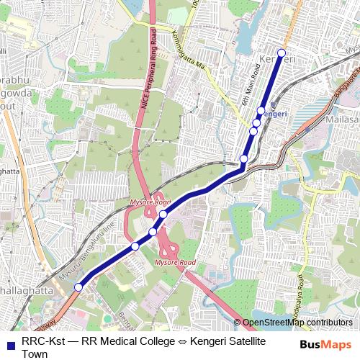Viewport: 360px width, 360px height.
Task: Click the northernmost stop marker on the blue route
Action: [282, 53]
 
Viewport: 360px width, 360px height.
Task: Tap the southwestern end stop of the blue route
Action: [78, 287]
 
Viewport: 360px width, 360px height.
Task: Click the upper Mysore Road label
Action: [146, 204]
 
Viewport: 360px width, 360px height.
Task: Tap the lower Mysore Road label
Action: [176, 263]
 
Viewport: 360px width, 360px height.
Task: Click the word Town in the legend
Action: [35, 354]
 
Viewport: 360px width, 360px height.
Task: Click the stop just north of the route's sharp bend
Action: [244, 158]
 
